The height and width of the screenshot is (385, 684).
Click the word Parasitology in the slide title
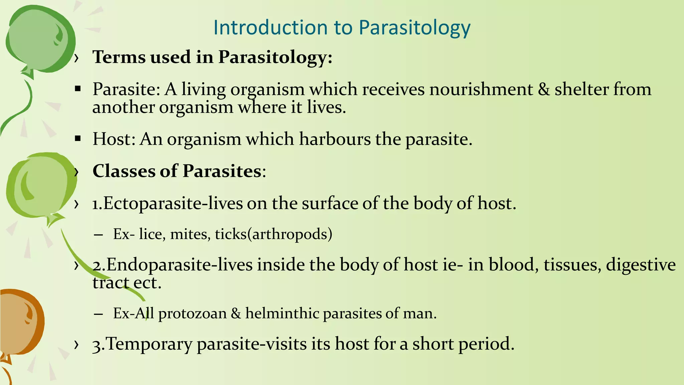[414, 28]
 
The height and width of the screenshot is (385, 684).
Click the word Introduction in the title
[271, 27]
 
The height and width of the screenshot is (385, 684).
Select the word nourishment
[481, 90]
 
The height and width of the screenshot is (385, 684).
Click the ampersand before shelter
[544, 90]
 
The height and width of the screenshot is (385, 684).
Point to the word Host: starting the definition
[114, 139]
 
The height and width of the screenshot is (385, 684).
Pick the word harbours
[335, 139]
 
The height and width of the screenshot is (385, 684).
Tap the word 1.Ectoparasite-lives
[167, 204]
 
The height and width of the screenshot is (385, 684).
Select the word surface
[330, 204]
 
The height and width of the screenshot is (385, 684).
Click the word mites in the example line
[190, 234]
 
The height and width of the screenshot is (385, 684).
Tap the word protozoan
[192, 313]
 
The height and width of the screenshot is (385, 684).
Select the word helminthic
[282, 313]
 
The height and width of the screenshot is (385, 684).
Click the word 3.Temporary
[142, 344]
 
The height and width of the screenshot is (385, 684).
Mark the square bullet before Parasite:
[78, 89]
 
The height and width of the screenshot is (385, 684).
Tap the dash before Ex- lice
[98, 235]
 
